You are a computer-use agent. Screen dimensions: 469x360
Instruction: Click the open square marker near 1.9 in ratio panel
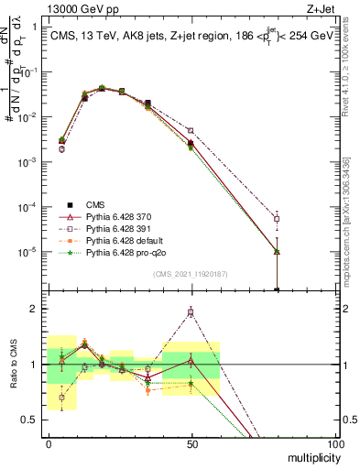click(x=191, y=312)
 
